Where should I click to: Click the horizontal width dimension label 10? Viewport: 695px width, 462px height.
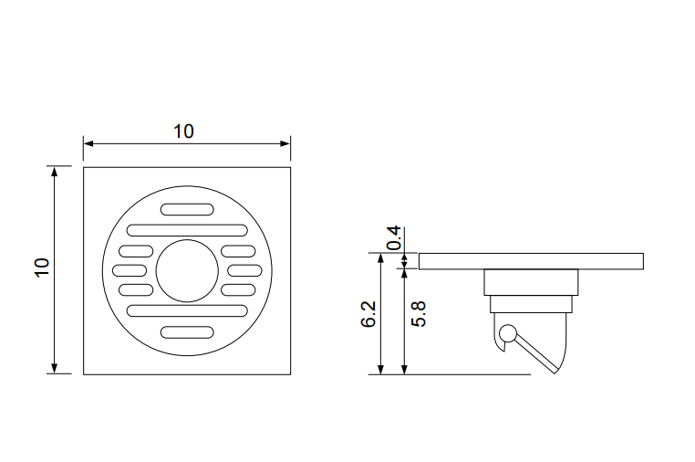pos(183,131)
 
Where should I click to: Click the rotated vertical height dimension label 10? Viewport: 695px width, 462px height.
pos(42,268)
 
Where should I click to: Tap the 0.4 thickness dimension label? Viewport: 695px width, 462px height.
pos(394,238)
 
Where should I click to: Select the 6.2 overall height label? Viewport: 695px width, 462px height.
pos(368,314)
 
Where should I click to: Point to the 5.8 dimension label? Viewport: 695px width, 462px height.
pos(419,314)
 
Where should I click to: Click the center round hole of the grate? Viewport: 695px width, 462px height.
pos(187,271)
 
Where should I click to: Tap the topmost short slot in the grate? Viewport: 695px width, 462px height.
pos(187,209)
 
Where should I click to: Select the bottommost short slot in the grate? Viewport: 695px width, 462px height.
pos(187,332)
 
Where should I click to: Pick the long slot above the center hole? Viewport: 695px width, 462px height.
pos(187,230)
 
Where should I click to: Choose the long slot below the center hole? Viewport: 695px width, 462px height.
pos(187,310)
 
